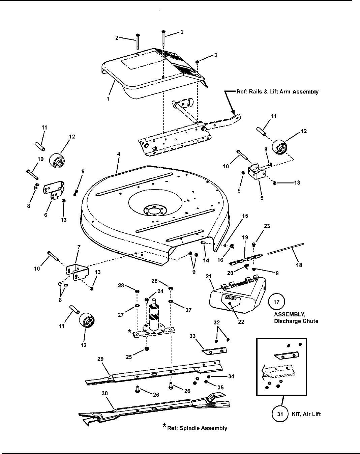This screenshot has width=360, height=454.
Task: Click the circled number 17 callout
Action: tap(276, 302)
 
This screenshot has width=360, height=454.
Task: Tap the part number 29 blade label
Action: tap(101, 359)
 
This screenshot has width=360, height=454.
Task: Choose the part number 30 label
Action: tap(105, 393)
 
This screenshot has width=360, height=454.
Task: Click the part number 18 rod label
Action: tap(299, 265)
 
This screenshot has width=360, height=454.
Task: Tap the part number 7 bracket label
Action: tap(79, 247)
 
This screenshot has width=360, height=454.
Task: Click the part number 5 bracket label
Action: tap(262, 198)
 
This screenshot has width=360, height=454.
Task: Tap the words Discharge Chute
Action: tap(296, 321)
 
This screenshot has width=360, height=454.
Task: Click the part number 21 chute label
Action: tap(209, 277)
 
